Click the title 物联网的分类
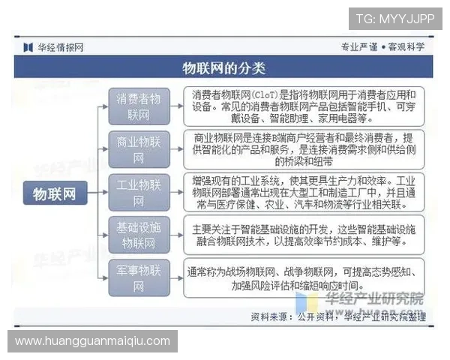coord(224,68)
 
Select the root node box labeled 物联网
coord(55,193)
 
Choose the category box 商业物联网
coord(139,149)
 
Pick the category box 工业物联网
coord(139,193)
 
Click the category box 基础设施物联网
coord(139,235)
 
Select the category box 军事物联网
coord(139,277)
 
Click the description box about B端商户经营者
coord(304,149)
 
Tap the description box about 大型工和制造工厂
coord(304,193)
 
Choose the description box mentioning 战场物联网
coord(304,277)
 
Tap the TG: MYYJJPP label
coord(394,19)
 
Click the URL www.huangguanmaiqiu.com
coord(93,341)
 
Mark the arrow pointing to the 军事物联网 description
coord(177,277)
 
